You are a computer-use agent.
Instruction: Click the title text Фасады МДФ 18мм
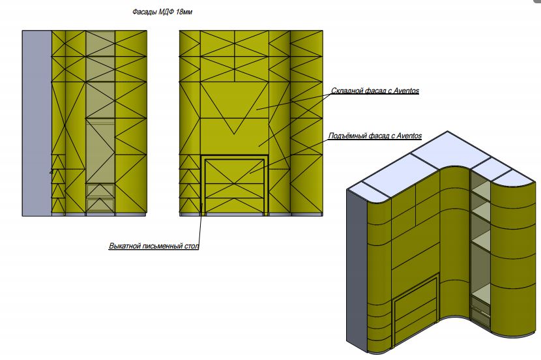pyautogui.click(x=162, y=12)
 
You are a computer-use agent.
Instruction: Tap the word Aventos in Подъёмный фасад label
pyautogui.click(x=409, y=136)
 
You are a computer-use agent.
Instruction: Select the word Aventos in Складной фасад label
pyautogui.click(x=406, y=91)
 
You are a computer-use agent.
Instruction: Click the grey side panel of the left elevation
pyautogui.click(x=37, y=123)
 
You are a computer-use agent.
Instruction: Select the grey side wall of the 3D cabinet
pyautogui.click(x=357, y=269)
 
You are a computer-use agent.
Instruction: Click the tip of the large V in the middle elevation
pyautogui.click(x=234, y=134)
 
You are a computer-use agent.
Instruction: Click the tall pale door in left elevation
pyautogui.click(x=100, y=151)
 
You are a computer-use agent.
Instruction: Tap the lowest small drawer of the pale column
pyautogui.click(x=100, y=204)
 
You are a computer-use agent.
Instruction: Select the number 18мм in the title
pyautogui.click(x=184, y=12)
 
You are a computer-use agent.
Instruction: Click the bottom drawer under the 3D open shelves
pyautogui.click(x=480, y=315)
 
